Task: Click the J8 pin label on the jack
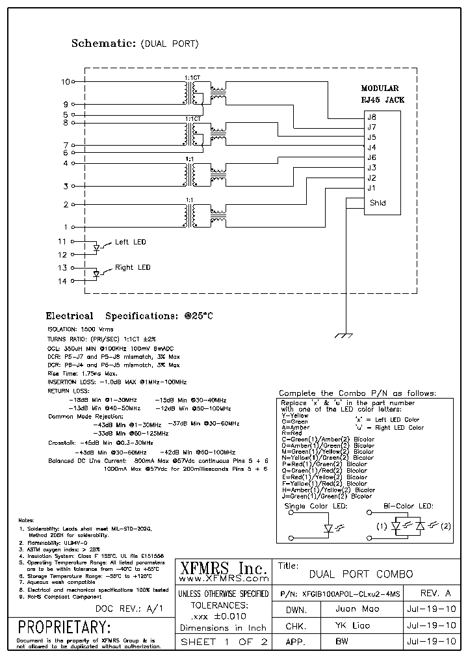372,117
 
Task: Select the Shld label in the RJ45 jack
378,203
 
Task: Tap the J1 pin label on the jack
371,188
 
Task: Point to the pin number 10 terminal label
64,82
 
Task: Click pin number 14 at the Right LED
62,281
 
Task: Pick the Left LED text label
130,242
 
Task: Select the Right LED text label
133,267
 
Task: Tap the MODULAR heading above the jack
380,88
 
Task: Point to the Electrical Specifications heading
129,316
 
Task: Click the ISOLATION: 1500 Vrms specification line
75,330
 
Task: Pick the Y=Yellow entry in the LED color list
295,415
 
